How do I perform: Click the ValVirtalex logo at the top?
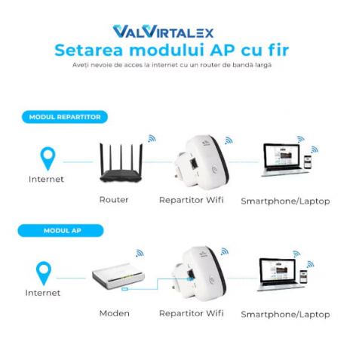164,32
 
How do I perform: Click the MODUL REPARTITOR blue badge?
65,117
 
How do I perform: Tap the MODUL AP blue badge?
60,231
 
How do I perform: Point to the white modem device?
118,276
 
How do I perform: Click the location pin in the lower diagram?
44,273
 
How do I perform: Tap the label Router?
114,200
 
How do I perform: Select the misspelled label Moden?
115,313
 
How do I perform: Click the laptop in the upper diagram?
284,160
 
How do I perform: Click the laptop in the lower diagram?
280,275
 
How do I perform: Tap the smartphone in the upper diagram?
308,162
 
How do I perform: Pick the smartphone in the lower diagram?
303,277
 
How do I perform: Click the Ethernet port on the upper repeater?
194,164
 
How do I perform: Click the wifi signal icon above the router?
152,139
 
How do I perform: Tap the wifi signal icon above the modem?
140,253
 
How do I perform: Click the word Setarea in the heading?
89,50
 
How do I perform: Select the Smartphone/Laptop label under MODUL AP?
285,315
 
